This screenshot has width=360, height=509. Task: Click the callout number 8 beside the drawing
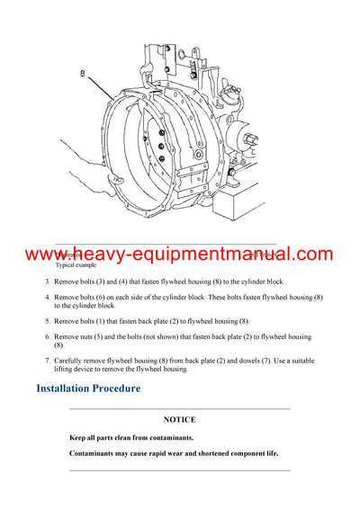click(82, 75)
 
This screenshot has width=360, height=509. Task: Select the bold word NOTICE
click(179, 419)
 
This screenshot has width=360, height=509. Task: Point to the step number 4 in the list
click(48, 296)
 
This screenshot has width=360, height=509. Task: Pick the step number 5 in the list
click(48, 320)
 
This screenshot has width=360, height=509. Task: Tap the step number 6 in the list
click(48, 336)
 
